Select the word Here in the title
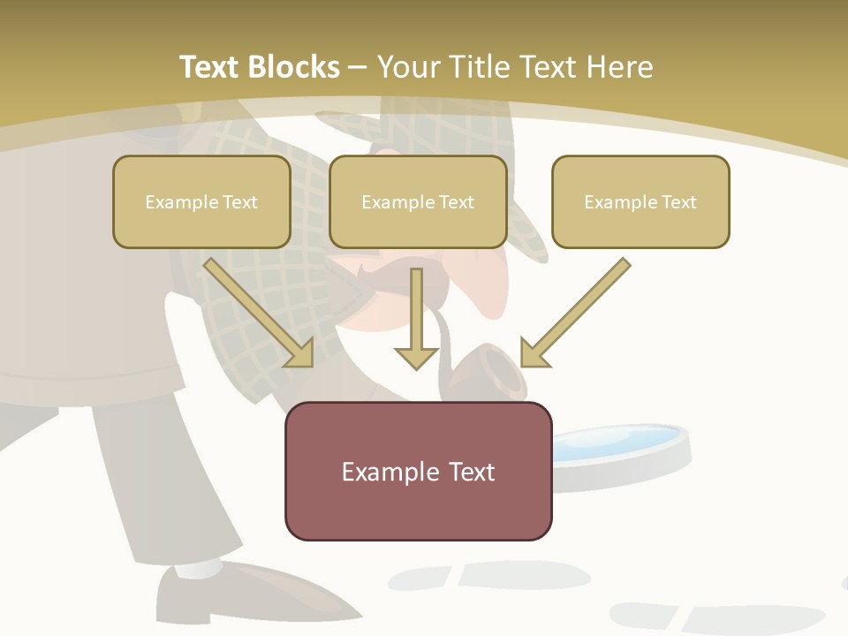tap(619, 67)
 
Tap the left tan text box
tap(201, 201)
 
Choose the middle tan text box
tap(418, 201)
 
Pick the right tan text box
tap(640, 201)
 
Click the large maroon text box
tap(418, 471)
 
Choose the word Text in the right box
tap(678, 201)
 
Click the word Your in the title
tap(408, 67)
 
